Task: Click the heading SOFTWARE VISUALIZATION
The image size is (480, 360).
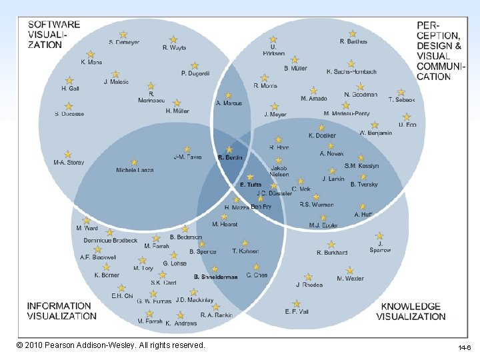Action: tap(54, 35)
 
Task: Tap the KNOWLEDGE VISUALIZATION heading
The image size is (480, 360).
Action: tap(410, 311)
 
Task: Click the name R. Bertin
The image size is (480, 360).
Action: tap(230, 157)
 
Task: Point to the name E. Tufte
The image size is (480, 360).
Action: tap(251, 185)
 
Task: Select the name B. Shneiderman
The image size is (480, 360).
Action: tap(215, 277)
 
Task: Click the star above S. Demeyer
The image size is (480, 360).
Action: tap(123, 34)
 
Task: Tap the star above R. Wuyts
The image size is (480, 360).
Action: tap(173, 39)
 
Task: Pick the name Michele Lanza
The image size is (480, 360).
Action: tap(135, 170)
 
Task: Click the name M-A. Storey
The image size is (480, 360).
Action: tap(69, 163)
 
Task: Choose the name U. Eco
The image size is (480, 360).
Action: tap(407, 125)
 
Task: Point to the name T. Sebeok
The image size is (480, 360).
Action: tap(401, 100)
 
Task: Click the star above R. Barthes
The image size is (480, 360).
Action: tap(353, 33)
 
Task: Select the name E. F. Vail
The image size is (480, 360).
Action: tap(296, 311)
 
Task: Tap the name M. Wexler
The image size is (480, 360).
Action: tap(350, 279)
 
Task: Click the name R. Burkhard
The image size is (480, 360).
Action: tap(331, 253)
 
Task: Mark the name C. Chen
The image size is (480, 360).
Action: tap(257, 275)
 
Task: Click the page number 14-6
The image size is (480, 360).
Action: tap(464, 348)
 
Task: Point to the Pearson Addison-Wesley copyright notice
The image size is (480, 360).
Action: tap(111, 345)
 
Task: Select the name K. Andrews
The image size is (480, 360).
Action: tap(181, 323)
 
